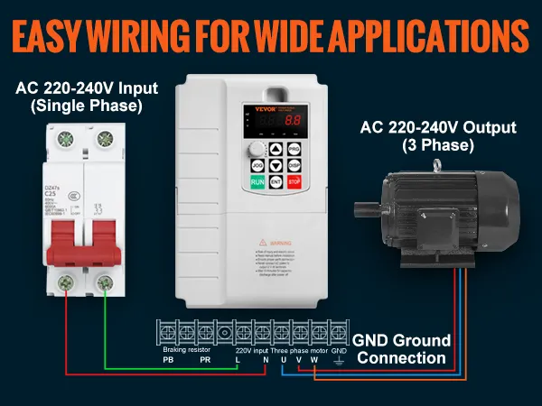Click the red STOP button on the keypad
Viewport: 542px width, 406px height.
point(294,182)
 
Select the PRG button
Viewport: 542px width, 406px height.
point(294,150)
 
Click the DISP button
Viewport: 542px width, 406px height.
point(294,166)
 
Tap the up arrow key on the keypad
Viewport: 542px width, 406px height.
point(275,150)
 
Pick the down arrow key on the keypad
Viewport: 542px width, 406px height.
point(275,166)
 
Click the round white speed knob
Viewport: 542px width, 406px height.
point(256,149)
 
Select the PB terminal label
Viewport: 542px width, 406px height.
point(168,359)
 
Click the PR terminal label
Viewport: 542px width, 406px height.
point(204,359)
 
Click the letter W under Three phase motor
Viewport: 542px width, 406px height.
point(314,359)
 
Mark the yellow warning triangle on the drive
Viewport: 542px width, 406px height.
point(261,242)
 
